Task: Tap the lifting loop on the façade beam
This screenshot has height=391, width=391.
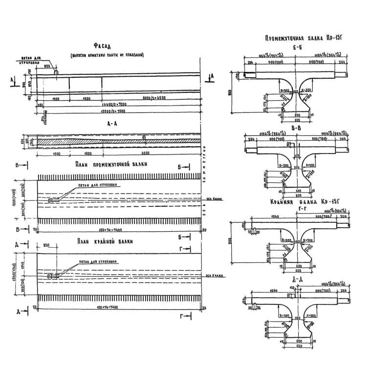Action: point(56,72)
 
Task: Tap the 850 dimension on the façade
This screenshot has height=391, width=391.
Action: point(48,65)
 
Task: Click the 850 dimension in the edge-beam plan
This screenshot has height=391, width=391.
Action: point(47,246)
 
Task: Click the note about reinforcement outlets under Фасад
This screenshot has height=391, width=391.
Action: point(107,55)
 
